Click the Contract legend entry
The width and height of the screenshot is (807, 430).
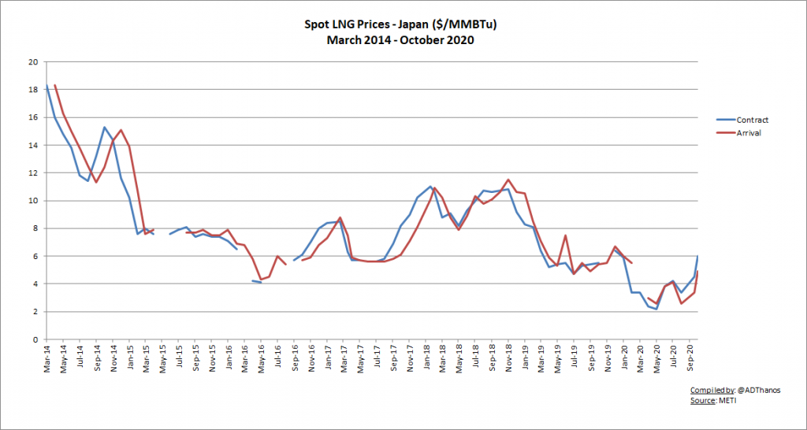tap(752, 120)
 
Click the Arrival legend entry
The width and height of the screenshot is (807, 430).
tap(749, 133)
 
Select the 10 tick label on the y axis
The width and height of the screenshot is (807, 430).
tap(32, 201)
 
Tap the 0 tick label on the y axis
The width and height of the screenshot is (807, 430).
tap(35, 339)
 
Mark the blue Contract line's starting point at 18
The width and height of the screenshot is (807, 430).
tap(47, 85)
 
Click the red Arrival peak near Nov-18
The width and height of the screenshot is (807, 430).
tap(508, 180)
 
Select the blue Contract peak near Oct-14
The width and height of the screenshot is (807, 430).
tap(105, 127)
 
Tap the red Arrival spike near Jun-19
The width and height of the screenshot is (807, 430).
tap(566, 235)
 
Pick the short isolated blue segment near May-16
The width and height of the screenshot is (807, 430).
tap(257, 281)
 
